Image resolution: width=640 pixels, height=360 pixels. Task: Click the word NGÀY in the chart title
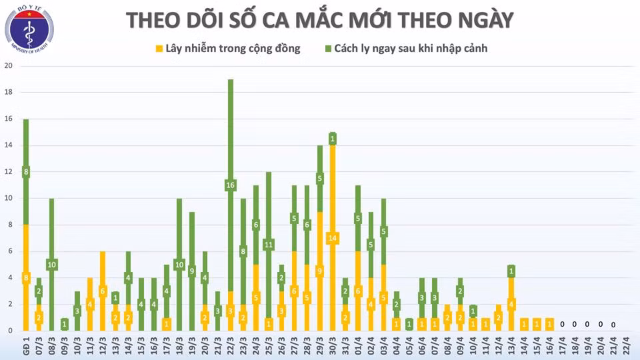pyautogui.click(x=482, y=20)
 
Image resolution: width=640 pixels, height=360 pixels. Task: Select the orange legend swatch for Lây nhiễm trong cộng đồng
pyautogui.click(x=159, y=49)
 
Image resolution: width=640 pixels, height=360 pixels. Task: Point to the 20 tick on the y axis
pyautogui.click(x=8, y=65)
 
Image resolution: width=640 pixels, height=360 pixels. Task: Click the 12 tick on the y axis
pyautogui.click(x=8, y=171)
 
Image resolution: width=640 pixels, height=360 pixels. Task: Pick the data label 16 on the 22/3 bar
pyautogui.click(x=231, y=185)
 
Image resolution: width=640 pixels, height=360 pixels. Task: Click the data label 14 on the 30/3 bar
pyautogui.click(x=332, y=238)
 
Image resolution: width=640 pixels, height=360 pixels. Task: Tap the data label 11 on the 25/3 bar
pyautogui.click(x=269, y=245)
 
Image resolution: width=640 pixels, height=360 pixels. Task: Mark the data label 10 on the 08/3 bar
pyautogui.click(x=51, y=265)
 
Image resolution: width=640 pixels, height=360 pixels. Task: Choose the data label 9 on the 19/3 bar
pyautogui.click(x=192, y=271)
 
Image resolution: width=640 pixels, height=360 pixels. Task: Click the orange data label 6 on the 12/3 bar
pyautogui.click(x=103, y=291)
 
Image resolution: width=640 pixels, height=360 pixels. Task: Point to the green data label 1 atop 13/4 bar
pyautogui.click(x=511, y=271)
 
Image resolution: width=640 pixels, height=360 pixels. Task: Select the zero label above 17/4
pyautogui.click(x=562, y=325)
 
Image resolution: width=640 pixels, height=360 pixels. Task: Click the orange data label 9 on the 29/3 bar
pyautogui.click(x=319, y=271)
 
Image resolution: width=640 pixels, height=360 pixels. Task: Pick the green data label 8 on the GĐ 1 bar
pyautogui.click(x=26, y=172)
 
